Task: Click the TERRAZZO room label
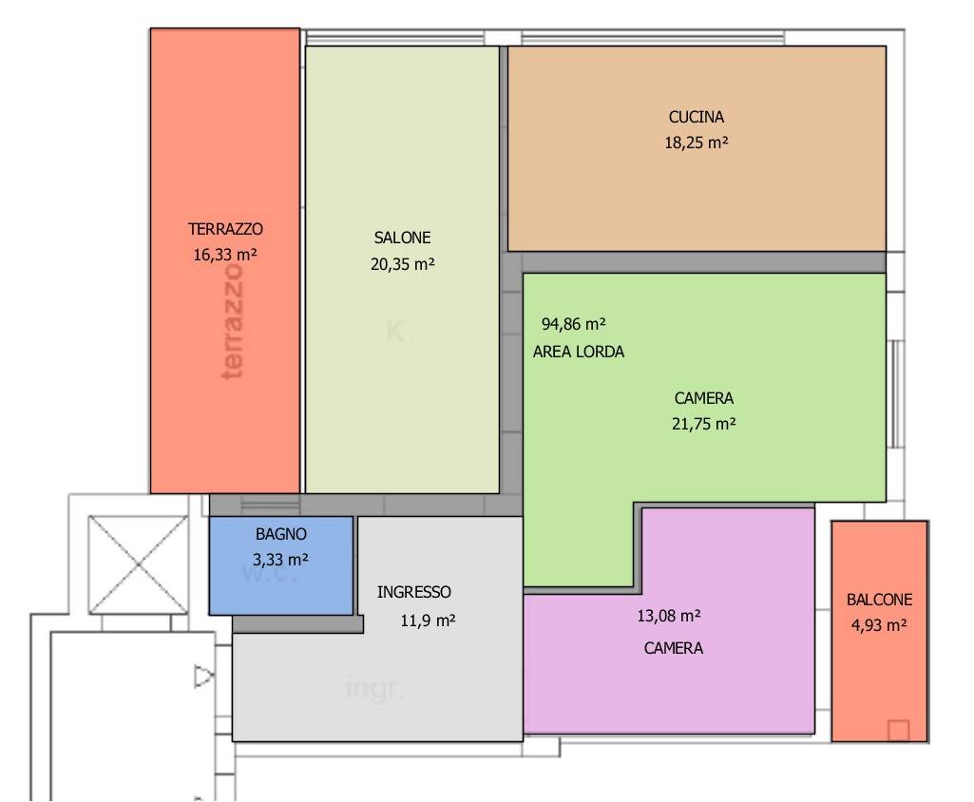(225, 229)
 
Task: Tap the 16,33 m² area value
(225, 255)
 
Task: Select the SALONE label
(403, 238)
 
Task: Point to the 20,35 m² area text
(403, 264)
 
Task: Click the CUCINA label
(697, 117)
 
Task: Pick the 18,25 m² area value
(697, 143)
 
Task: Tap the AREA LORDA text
(579, 352)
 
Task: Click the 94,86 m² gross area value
(573, 324)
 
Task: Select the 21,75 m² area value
(704, 424)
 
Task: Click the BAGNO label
(281, 534)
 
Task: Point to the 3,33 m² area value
(280, 560)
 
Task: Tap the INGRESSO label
(414, 592)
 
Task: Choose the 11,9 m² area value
(428, 621)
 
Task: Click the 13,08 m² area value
(669, 616)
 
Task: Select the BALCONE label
(880, 601)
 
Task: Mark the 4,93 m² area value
(879, 625)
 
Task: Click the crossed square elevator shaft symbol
(138, 564)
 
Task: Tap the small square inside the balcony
(898, 731)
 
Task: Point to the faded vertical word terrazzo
(232, 321)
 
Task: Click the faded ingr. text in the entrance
(374, 689)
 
